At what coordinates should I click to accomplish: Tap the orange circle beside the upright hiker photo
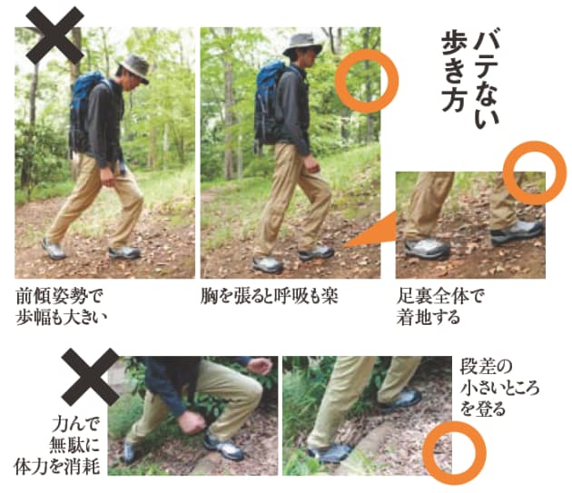click(365, 81)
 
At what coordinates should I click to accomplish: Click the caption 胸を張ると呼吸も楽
click(269, 297)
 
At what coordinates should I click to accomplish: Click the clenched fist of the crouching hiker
click(192, 422)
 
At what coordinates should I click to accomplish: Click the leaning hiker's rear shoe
click(54, 248)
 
